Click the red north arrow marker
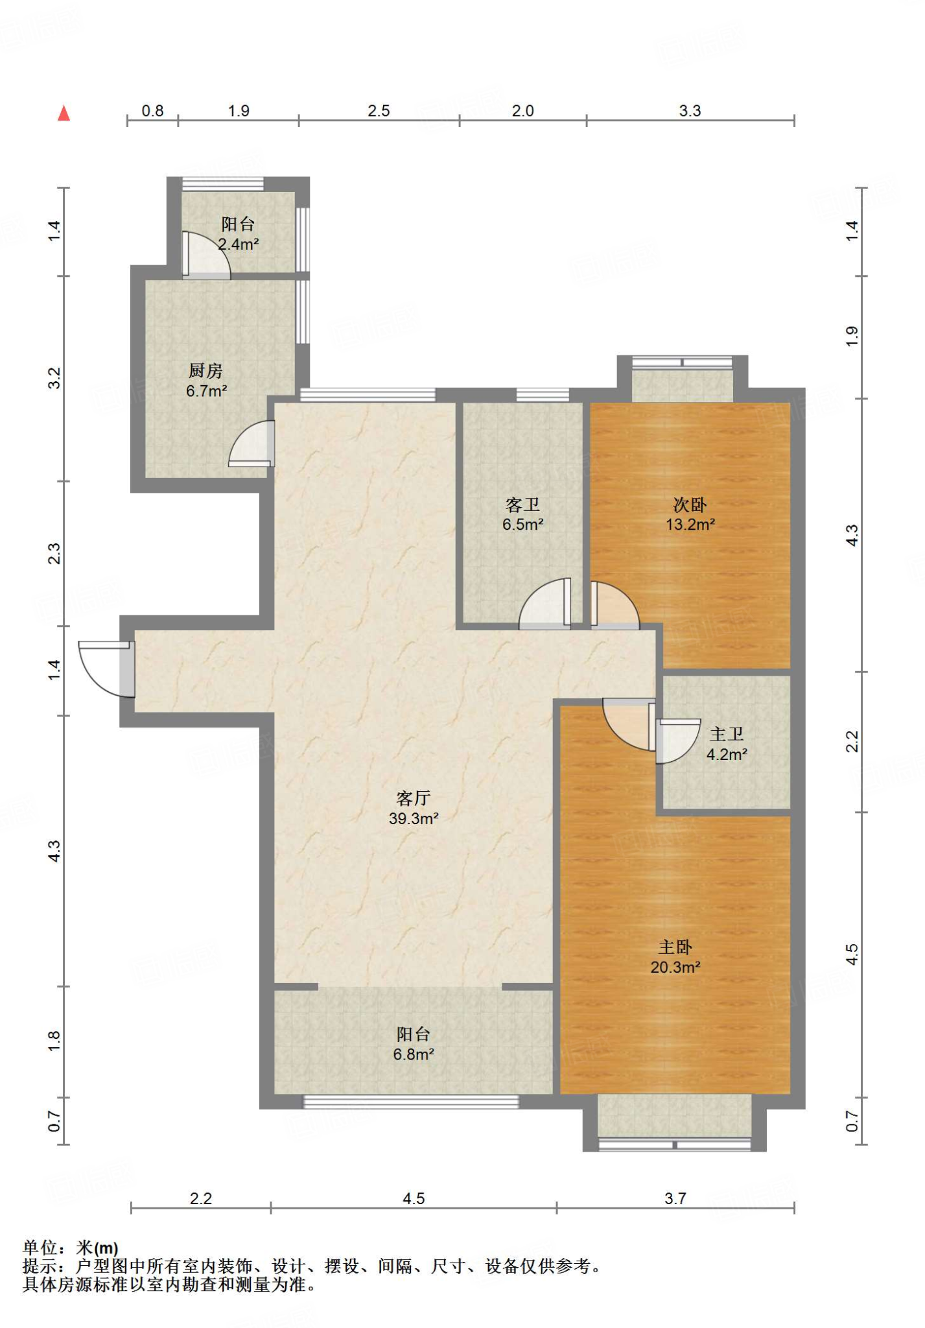(x=64, y=113)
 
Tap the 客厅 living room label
(x=414, y=798)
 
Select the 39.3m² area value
(x=414, y=818)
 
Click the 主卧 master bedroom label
(x=675, y=947)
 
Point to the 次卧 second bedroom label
(x=690, y=504)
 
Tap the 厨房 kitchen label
(x=206, y=370)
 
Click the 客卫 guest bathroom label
(x=522, y=504)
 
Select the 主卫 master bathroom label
(x=727, y=733)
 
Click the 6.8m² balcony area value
(x=414, y=1054)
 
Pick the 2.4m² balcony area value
(x=239, y=244)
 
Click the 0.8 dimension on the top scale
(x=153, y=111)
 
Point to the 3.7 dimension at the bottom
(x=675, y=1198)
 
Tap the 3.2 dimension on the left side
(x=54, y=378)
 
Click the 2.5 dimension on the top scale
(x=379, y=111)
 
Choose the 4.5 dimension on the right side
(x=852, y=954)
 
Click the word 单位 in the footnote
(x=40, y=1248)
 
